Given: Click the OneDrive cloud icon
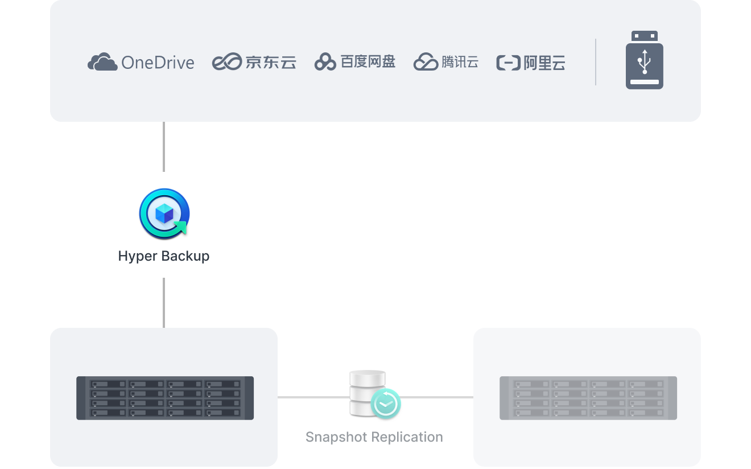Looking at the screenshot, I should [102, 62].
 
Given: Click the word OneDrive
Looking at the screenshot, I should [158, 63].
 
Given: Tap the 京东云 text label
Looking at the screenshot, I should [271, 62].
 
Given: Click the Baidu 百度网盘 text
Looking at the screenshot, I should [368, 61].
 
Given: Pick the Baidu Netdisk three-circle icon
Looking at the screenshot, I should [325, 62].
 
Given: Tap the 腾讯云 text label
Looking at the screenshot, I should [460, 61].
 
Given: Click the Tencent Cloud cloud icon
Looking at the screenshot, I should [425, 62].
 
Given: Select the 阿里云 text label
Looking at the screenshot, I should [544, 63].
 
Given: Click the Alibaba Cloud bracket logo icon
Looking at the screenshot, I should [508, 63].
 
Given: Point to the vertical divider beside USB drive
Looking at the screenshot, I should [596, 62].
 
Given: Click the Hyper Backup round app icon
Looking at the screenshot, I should [164, 214].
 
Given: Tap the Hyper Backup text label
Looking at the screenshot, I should [164, 256].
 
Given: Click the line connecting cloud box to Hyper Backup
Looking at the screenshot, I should [164, 146].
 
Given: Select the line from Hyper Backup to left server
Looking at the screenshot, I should [164, 302].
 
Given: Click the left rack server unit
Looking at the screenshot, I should [165, 398].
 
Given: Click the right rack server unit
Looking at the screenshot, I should [588, 398].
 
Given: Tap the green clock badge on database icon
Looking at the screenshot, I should [385, 404].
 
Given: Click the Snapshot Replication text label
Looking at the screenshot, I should [374, 437].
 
